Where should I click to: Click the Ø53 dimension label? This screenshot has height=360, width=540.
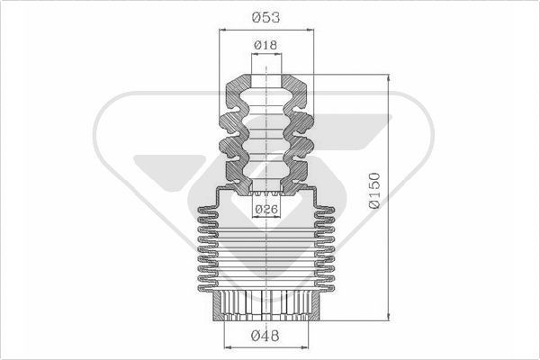[x=265, y=17]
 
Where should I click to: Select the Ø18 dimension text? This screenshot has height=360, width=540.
[x=265, y=45]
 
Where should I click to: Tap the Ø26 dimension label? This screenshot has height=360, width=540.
[x=266, y=209]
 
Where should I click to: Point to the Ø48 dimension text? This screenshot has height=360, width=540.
[x=265, y=336]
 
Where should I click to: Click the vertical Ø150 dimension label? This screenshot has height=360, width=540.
[x=374, y=191]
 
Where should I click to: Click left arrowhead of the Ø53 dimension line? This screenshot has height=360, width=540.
[x=222, y=30]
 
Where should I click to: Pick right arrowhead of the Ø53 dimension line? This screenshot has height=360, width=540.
[x=310, y=30]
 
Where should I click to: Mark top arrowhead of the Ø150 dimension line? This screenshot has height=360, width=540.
[x=389, y=78]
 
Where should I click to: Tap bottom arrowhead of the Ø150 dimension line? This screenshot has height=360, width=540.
[x=389, y=318]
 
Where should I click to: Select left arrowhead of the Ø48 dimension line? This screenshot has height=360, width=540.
[x=228, y=347]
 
